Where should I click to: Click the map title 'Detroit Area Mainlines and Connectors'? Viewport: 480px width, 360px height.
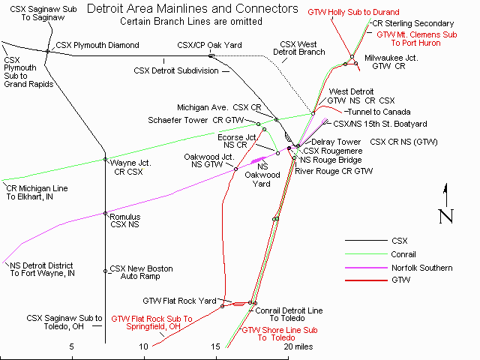click(192, 9)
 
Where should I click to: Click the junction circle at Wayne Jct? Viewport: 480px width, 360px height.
click(105, 160)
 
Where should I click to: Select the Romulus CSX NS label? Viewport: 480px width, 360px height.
click(125, 219)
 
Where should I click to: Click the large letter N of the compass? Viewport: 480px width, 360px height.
click(445, 216)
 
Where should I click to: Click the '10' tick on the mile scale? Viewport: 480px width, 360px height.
click(143, 347)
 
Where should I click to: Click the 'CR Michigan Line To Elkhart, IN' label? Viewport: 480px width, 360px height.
click(37, 191)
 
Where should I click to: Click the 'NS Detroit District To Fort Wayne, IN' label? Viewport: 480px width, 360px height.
click(42, 269)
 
